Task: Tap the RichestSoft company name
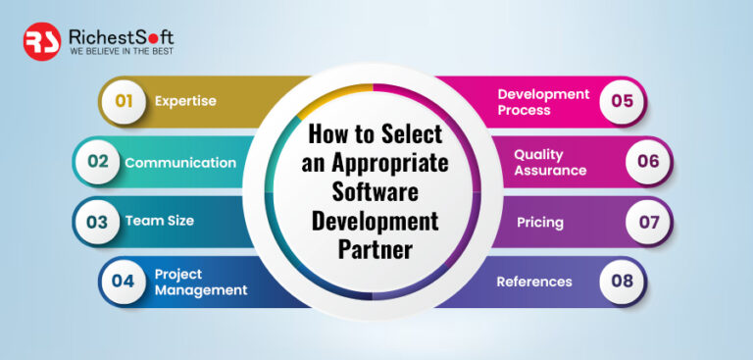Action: coord(121,36)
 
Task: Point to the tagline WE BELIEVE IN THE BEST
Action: coord(121,52)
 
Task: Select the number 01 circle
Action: coord(124,100)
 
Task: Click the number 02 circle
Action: coord(98,162)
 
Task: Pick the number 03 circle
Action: coord(97,221)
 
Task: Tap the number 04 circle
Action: coord(124,282)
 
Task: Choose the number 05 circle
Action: coord(622,101)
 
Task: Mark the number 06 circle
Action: coord(648,162)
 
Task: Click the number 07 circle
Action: coord(648,222)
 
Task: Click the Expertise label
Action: coord(185,101)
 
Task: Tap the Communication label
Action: coord(180,163)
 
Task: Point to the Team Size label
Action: coord(159,221)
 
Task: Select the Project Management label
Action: coord(200,282)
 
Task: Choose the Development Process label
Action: coord(543,102)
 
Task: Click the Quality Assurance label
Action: coord(550,163)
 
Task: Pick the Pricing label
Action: coord(540,222)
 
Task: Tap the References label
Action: coord(533,282)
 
